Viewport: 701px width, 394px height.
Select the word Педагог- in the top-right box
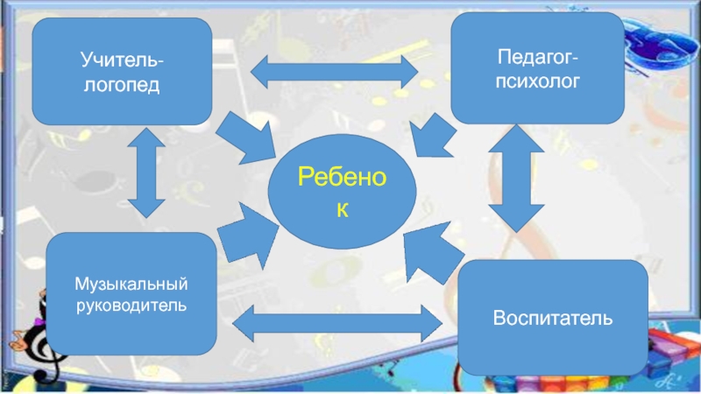(x=537, y=59)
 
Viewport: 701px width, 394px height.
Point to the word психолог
(x=537, y=81)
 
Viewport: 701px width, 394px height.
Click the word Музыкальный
(x=131, y=285)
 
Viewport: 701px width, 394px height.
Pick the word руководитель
(x=131, y=306)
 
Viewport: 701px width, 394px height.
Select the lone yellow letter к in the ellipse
(x=342, y=211)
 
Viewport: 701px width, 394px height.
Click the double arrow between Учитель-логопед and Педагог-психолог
(x=333, y=71)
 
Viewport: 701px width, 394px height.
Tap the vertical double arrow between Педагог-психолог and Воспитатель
(x=517, y=187)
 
